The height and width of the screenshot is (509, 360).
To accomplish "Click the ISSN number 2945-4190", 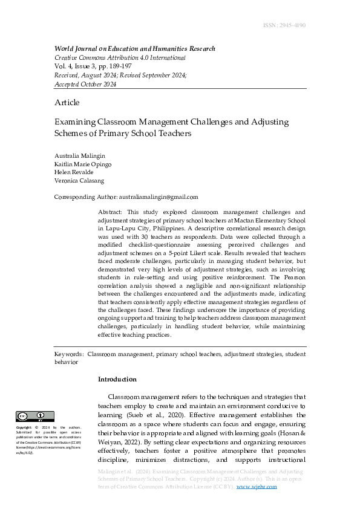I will (284, 25).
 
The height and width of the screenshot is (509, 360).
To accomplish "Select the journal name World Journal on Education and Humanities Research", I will (134, 48).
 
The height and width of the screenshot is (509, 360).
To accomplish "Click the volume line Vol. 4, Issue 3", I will (92, 66).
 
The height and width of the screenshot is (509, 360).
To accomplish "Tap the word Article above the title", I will (67, 102).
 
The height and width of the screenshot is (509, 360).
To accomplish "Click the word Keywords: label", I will (68, 354).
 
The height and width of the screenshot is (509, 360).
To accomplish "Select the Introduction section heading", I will (117, 380).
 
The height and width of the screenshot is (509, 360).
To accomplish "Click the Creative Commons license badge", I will (35, 417).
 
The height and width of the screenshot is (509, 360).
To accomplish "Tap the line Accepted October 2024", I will (85, 84).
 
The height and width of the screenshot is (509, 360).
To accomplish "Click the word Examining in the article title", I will (75, 122).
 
